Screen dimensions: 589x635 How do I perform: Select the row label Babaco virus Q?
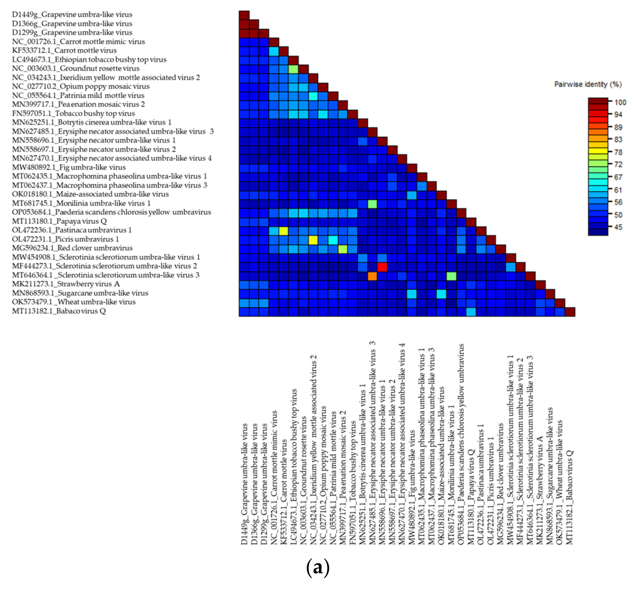(59, 311)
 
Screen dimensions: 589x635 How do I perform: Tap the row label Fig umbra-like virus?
(69, 167)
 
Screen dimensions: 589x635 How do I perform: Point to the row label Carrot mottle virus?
(64, 50)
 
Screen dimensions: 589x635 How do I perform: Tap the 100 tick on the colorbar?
(620, 102)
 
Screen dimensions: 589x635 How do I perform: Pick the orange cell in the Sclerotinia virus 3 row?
(372, 276)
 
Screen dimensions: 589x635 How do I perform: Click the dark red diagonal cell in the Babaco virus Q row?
(570, 312)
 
